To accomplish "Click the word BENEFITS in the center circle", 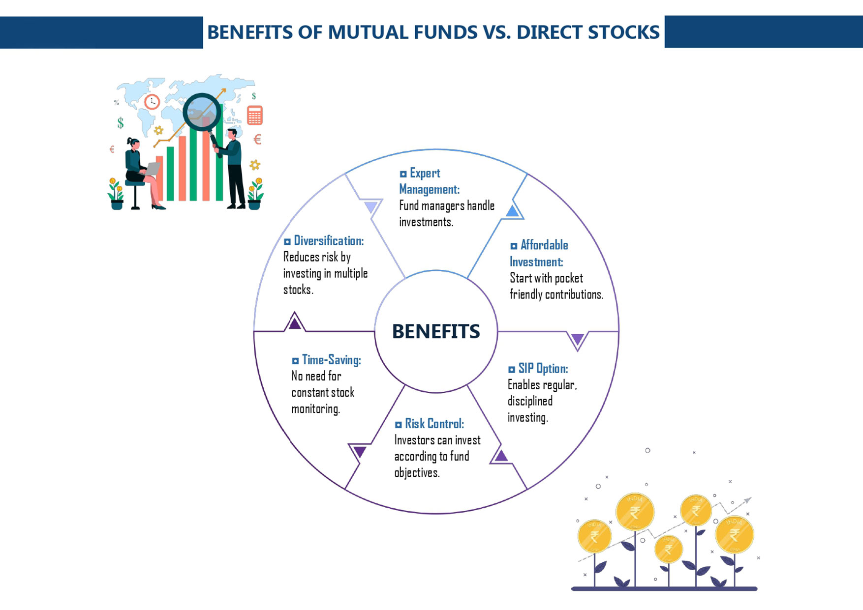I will pos(436,332).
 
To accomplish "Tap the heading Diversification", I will pos(328,241).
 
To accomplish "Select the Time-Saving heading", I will pos(331,360).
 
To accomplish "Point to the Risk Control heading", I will pos(434,424).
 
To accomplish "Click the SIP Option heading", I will pos(543,369).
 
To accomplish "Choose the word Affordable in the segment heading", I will pos(544,245).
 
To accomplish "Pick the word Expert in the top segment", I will pos(425,174).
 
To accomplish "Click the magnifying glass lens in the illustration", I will pos(202,112).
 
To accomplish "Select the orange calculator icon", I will pos(254,116).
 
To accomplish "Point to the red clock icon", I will pos(152,102).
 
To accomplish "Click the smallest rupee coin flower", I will pos(668,549).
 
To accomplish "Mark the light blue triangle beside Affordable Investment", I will pos(512,211).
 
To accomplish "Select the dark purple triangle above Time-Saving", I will pos(295,323).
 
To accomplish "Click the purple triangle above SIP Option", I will pos(577,339).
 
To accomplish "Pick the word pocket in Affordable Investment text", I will pos(569,278).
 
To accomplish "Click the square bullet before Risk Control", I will pos(399,425).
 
